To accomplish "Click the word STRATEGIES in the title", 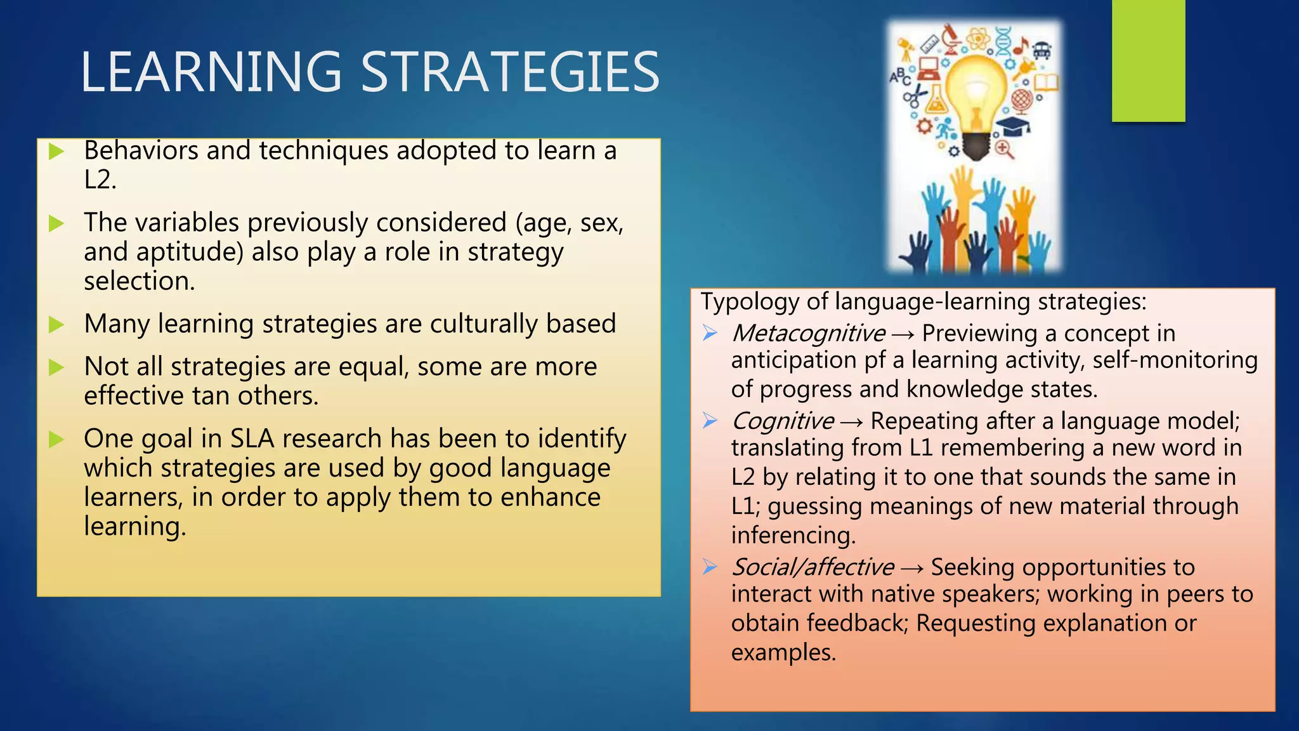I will click(x=511, y=72).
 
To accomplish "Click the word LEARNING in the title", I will click(x=211, y=72).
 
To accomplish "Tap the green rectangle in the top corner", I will click(x=1148, y=60).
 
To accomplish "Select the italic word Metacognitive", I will click(x=808, y=333).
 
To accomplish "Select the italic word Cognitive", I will click(x=783, y=421).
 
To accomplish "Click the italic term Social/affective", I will click(x=813, y=567).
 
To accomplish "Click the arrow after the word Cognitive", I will click(x=852, y=423).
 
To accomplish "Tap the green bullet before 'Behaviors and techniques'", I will click(x=56, y=152).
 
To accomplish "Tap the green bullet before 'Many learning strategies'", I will click(x=56, y=325).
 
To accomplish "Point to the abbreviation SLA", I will click(x=252, y=438).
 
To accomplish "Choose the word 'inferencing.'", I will click(x=793, y=536).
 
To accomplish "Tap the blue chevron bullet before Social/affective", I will click(x=710, y=567).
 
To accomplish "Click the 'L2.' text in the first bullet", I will click(x=100, y=180).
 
